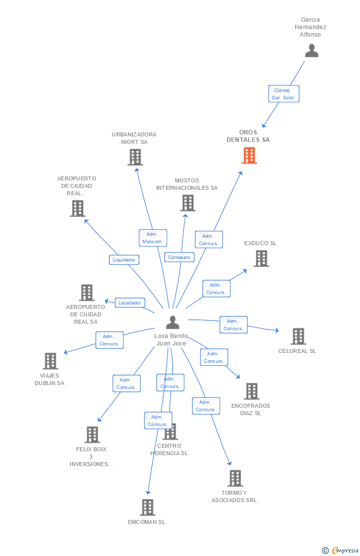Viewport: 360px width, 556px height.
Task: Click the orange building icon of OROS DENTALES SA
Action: click(x=249, y=156)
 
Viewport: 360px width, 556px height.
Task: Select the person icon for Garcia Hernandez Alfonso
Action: click(x=312, y=51)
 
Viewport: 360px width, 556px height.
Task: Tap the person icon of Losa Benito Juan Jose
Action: click(x=173, y=322)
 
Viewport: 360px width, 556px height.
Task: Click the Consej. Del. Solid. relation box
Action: click(x=283, y=94)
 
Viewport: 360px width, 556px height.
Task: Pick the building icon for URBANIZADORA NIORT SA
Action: click(x=135, y=157)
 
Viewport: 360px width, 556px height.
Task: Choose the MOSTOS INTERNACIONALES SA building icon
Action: click(x=188, y=203)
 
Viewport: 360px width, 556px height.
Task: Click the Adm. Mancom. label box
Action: click(x=153, y=238)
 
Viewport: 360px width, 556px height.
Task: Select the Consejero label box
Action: click(x=179, y=257)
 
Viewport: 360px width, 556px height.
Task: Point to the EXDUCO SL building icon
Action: click(x=261, y=258)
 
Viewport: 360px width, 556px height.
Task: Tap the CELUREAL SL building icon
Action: click(x=298, y=337)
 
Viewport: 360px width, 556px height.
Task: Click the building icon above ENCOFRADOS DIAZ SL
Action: click(x=252, y=391)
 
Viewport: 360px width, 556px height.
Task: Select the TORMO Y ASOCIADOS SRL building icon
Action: click(x=235, y=478)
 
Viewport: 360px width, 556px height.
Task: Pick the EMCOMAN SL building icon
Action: click(x=147, y=508)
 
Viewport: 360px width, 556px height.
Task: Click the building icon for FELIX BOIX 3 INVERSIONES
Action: click(x=92, y=435)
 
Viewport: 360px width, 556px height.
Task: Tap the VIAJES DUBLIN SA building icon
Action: click(x=50, y=361)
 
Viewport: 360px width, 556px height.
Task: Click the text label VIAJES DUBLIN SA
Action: click(x=49, y=380)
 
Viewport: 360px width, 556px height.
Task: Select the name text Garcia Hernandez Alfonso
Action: click(x=311, y=27)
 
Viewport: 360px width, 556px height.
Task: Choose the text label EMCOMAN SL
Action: click(x=146, y=522)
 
